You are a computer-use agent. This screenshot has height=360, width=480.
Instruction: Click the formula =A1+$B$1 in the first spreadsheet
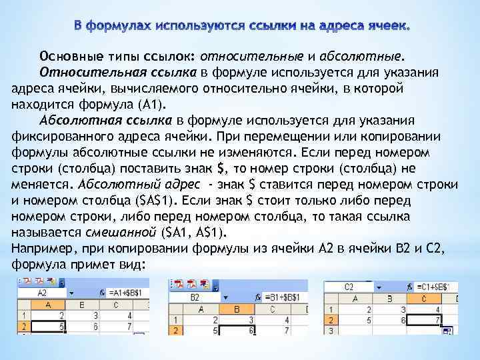(x=128, y=292)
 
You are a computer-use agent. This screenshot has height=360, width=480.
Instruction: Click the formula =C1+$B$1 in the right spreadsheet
(x=431, y=287)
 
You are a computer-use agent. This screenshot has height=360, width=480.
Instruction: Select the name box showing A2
(x=41, y=292)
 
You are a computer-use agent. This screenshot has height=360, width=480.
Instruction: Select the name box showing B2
(x=195, y=296)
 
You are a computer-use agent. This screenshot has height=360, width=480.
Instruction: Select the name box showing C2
(x=349, y=287)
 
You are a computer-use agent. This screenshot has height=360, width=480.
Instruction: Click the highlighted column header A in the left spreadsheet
(x=47, y=304)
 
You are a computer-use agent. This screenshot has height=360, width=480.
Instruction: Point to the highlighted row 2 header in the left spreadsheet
(x=23, y=327)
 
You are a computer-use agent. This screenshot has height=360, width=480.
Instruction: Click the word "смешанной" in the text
(x=119, y=232)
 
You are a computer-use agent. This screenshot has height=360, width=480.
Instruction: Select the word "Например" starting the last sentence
(x=39, y=249)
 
